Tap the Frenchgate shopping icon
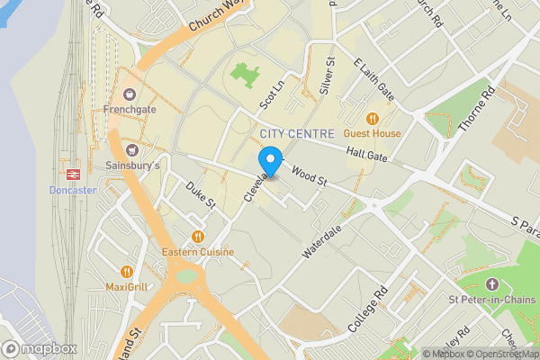coord(130,93)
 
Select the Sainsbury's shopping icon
coord(132,149)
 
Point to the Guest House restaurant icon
coord(372,118)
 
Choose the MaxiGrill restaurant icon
coord(126,271)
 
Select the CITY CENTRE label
coord(296,134)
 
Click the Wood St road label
coord(309,171)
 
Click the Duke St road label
coord(201,196)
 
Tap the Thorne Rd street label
coord(476,108)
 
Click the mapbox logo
coord(40,348)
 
